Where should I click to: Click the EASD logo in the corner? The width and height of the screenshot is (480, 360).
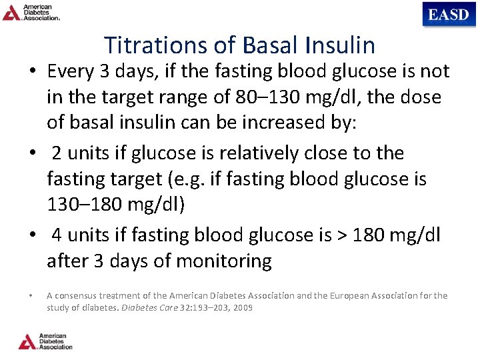[x=449, y=14]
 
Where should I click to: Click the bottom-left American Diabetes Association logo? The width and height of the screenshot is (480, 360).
[x=45, y=341]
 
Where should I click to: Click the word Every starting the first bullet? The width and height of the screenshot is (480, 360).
[x=71, y=71]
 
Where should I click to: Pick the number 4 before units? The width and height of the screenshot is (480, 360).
[x=57, y=235]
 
